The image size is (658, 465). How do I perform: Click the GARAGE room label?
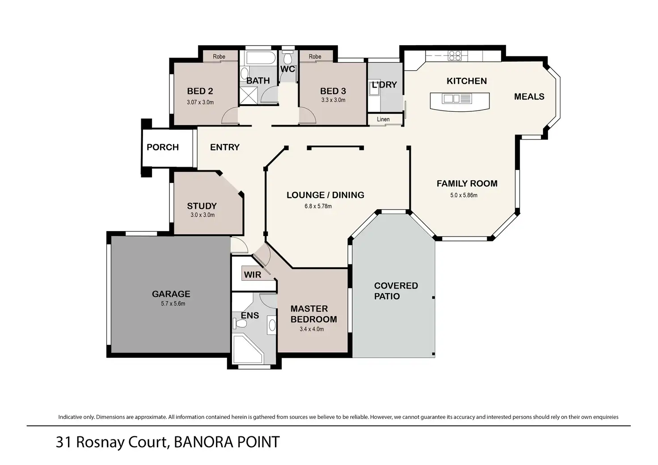(x=171, y=294)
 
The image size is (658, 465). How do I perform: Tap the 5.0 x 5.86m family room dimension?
(x=464, y=195)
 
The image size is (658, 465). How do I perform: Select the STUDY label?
(x=202, y=206)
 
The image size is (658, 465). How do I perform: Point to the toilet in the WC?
(x=287, y=58)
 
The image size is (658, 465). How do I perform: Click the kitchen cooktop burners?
(x=455, y=55)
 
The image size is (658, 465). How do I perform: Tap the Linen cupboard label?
(x=383, y=119)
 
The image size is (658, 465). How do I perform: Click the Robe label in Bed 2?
(x=219, y=56)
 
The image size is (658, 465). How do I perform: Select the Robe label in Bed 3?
(x=315, y=56)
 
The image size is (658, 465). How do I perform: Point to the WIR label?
(x=252, y=275)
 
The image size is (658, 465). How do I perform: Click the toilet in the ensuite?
(x=240, y=324)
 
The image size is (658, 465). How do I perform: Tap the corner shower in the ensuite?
(x=248, y=350)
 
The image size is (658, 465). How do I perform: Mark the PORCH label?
(x=162, y=147)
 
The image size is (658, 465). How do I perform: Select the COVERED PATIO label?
(x=396, y=291)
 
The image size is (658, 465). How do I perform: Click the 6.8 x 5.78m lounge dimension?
(x=318, y=206)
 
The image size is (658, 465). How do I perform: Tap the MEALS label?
(x=529, y=97)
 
